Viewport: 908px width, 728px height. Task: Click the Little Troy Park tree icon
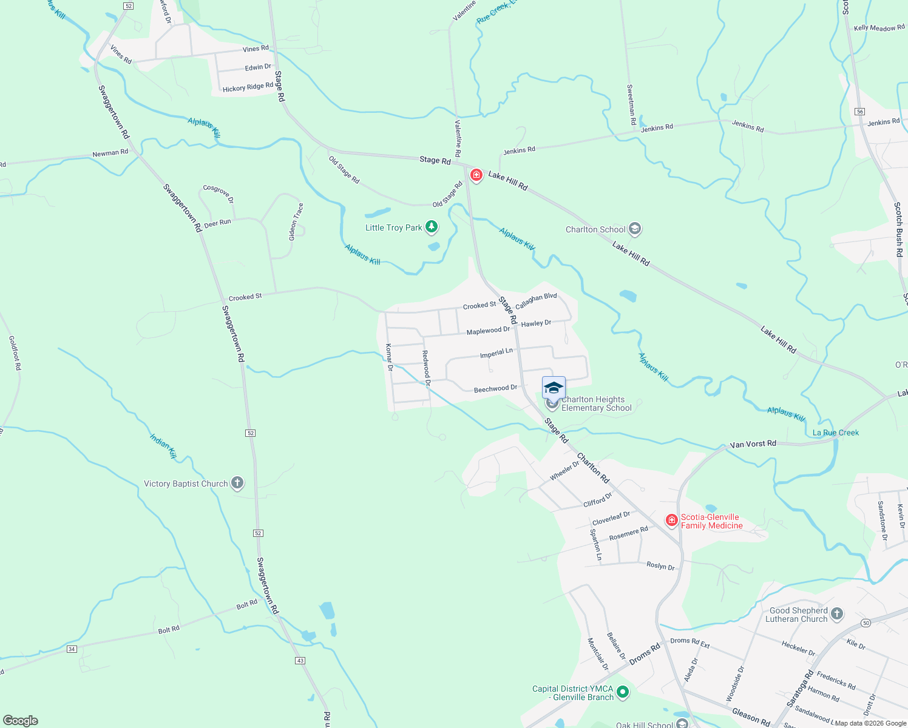432,227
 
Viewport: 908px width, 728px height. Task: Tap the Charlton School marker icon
635,229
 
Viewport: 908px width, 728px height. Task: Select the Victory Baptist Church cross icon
237,484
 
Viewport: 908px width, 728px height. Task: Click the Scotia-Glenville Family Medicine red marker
671,521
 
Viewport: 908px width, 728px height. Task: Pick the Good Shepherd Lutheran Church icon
837,614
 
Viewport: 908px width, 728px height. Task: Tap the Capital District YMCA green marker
622,692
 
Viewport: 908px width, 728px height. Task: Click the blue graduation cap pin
554,388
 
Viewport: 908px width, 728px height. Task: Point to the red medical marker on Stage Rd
476,175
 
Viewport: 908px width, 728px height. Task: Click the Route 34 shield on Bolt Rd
72,649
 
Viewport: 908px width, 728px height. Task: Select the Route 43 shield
300,660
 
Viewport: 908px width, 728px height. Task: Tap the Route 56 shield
860,112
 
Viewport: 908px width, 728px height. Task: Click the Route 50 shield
866,623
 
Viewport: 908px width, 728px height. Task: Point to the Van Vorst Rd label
753,444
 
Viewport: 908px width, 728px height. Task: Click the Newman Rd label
110,153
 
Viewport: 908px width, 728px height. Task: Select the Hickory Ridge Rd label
248,87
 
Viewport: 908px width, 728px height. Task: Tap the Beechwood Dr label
495,388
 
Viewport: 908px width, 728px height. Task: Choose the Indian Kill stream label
163,446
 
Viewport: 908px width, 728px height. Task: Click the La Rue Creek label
836,433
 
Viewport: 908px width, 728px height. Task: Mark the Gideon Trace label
296,221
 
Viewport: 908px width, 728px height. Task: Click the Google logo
21,721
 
